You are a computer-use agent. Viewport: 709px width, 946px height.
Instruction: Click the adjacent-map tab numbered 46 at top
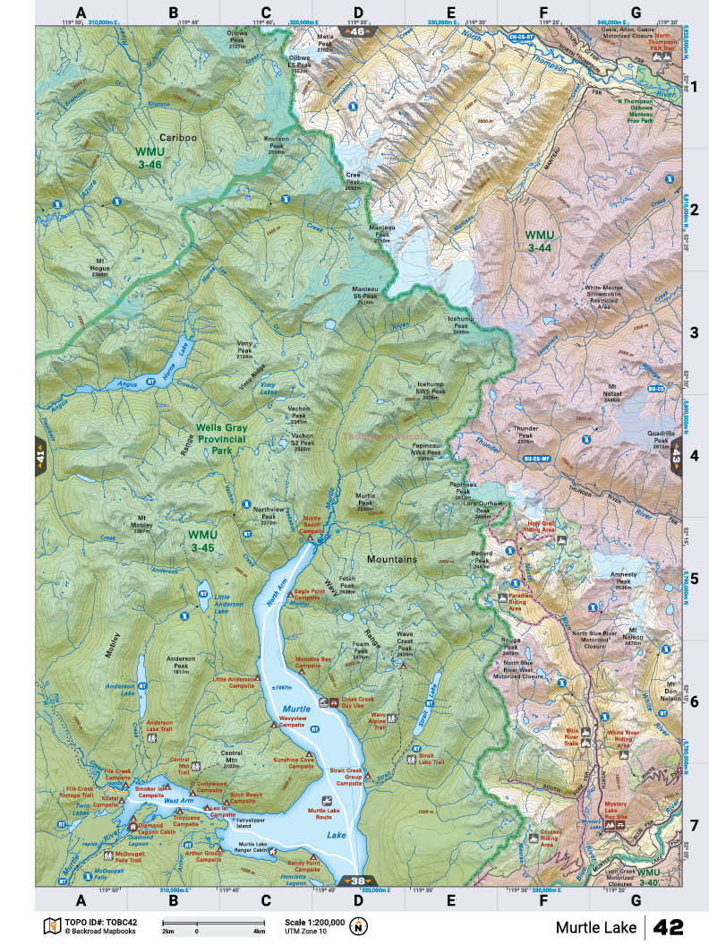(357, 32)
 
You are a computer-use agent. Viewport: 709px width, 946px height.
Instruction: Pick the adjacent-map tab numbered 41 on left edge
(40, 456)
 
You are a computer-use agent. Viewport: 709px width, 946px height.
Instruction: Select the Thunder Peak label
(525, 434)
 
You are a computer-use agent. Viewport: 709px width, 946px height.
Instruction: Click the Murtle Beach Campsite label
(311, 524)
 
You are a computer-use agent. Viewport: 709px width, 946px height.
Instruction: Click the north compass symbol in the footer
(360, 925)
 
